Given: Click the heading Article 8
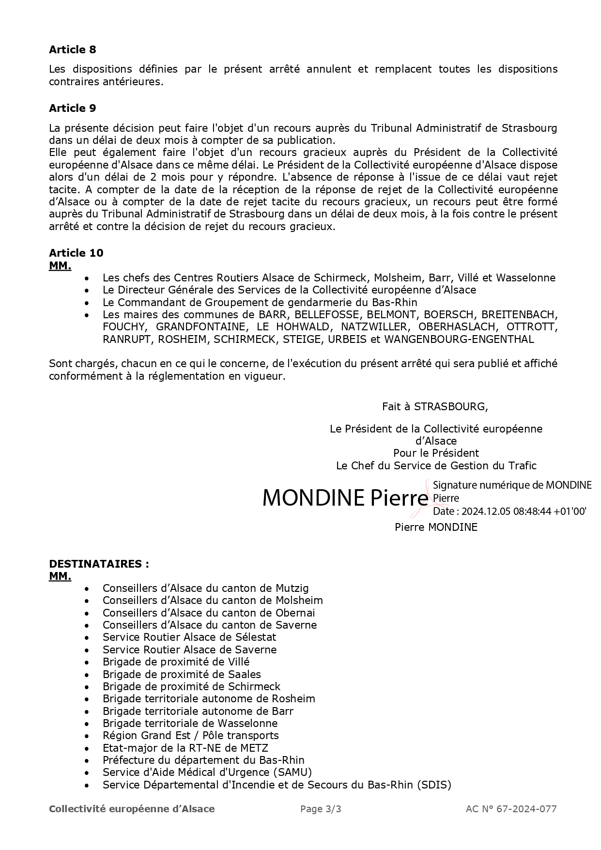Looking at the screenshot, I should (x=73, y=49).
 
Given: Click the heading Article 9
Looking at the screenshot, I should (x=73, y=108).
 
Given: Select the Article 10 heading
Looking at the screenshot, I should (x=76, y=253).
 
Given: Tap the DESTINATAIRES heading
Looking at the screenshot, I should (x=99, y=564).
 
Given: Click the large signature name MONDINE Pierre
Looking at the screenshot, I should (x=345, y=498).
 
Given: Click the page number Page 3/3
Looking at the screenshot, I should (x=321, y=809).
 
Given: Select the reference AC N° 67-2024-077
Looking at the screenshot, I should (x=511, y=809).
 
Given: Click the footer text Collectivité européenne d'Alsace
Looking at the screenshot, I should (x=132, y=809).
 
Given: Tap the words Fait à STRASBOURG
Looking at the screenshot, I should (x=435, y=406).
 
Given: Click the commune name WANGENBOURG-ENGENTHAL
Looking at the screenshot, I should (x=459, y=340).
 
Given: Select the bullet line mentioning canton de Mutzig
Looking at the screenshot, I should (x=205, y=588).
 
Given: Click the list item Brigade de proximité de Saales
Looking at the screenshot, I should (x=182, y=674).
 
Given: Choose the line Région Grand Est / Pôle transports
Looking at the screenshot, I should (x=190, y=736).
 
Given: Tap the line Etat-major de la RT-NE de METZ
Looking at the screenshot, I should (x=185, y=748).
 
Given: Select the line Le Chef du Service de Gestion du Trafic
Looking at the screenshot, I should (x=436, y=466).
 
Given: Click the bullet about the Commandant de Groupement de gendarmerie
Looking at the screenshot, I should (x=260, y=303).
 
